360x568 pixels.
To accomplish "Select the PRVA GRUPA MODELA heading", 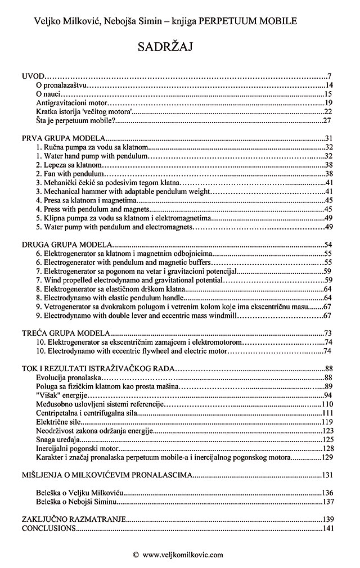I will pos(63,138).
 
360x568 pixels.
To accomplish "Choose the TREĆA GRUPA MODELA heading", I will pos(65,332).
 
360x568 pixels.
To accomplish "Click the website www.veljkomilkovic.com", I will pos(183,554).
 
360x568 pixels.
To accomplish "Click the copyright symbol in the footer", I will pos(136,554).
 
